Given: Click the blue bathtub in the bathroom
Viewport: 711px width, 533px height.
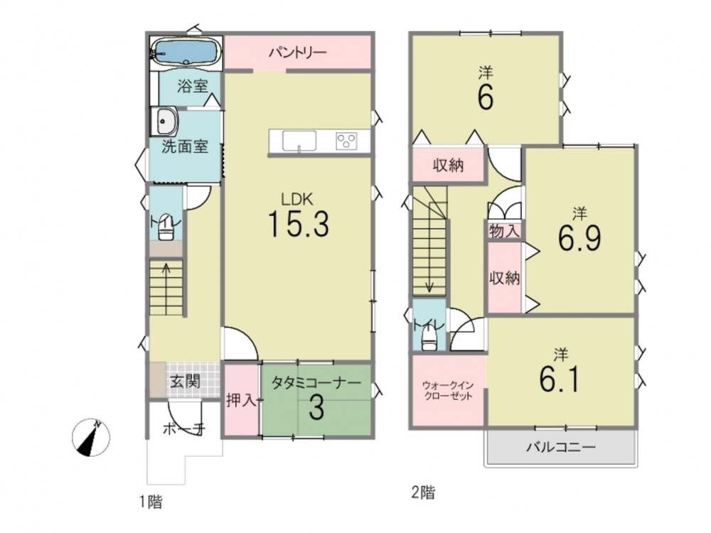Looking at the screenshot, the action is tap(186, 52).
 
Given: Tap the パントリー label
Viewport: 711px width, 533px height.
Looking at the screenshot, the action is tap(297, 53).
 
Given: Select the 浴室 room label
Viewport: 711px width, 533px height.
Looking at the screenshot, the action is tap(192, 86).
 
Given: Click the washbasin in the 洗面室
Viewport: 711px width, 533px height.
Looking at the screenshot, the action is tap(164, 122).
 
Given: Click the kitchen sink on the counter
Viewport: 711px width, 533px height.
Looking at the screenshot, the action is tap(299, 141).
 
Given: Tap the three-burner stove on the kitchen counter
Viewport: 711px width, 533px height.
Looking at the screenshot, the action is tap(346, 141).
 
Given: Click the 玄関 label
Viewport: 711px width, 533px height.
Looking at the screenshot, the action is tap(185, 381).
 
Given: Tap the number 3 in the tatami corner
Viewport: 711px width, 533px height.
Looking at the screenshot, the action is tap(316, 408).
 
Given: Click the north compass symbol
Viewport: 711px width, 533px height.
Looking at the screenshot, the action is tap(91, 437).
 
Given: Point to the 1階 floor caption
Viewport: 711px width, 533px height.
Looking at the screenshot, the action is tap(151, 502).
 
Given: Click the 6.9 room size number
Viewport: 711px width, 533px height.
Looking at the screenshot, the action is tap(579, 238).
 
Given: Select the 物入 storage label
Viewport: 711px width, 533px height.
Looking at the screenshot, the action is tap(504, 232).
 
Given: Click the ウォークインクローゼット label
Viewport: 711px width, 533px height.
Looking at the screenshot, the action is tap(448, 391).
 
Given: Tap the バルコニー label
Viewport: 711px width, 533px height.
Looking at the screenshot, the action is tap(561, 448).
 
